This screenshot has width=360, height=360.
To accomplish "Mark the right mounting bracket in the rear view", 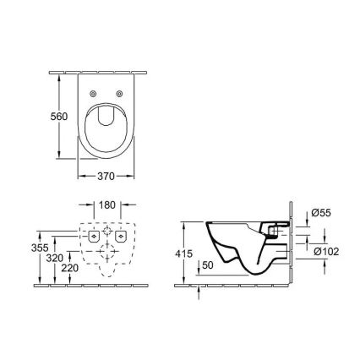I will (x=123, y=238).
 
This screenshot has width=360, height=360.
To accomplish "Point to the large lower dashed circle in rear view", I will (x=107, y=253).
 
